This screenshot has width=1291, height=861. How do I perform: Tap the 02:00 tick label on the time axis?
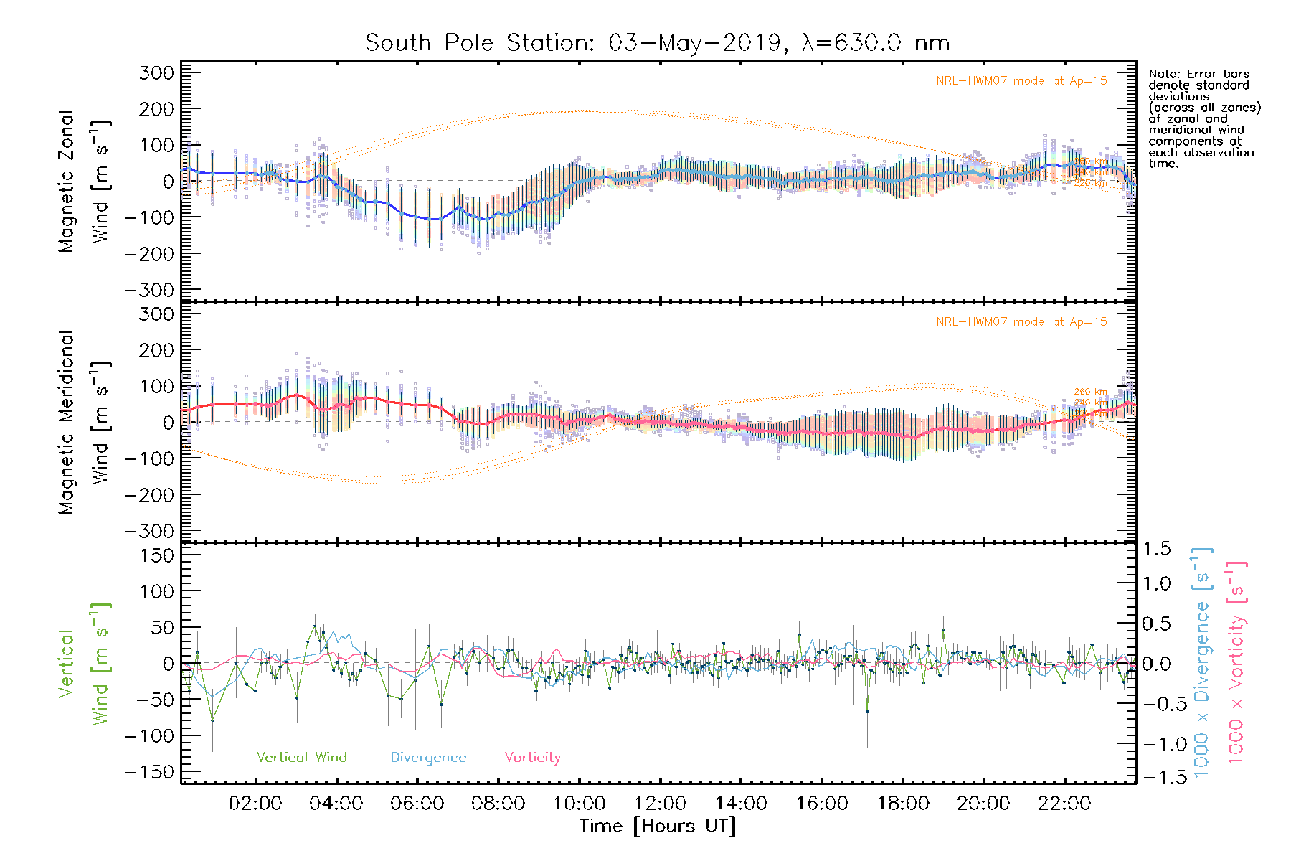tap(255, 804)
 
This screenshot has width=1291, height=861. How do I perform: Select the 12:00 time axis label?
tap(660, 804)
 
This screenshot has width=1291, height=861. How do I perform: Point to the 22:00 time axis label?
tap(1064, 804)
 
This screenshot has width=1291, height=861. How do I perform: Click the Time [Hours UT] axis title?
tap(658, 826)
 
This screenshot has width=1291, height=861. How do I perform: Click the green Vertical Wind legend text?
tap(301, 758)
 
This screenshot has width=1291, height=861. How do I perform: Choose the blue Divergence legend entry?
tap(428, 758)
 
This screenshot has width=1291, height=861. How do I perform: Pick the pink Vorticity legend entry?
tap(532, 758)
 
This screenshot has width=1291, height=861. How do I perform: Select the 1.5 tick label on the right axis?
tap(1157, 549)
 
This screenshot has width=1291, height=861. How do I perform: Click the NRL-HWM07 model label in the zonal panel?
tap(1021, 81)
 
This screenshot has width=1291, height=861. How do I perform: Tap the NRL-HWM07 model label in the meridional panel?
tap(1021, 322)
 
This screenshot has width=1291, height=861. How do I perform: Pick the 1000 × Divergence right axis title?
tap(1202, 663)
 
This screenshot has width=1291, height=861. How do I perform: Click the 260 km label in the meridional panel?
tap(1090, 392)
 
